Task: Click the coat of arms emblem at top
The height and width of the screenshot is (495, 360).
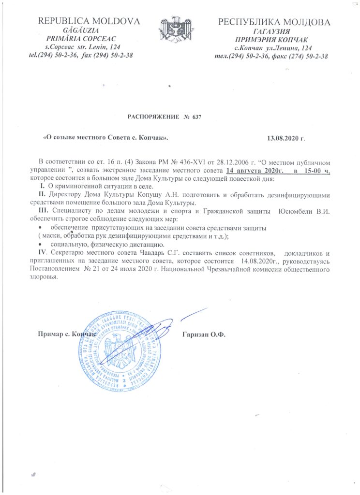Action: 179,29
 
